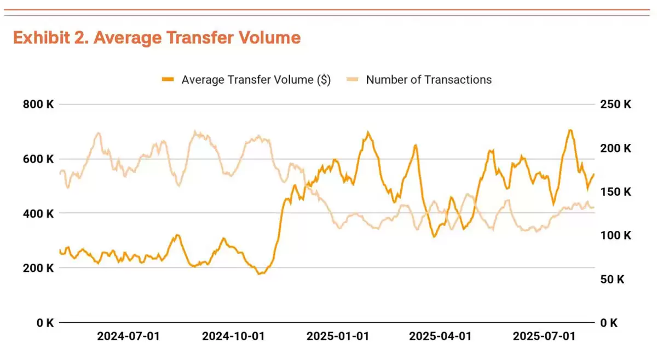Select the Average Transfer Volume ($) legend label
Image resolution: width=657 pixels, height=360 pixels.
(x=256, y=80)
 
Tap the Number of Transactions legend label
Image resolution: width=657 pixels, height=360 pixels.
(x=429, y=80)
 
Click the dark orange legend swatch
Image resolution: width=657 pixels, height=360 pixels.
(x=168, y=80)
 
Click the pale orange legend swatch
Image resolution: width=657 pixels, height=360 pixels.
(x=353, y=80)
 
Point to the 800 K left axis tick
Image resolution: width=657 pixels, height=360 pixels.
(x=38, y=104)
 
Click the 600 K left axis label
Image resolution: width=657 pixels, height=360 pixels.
(x=38, y=159)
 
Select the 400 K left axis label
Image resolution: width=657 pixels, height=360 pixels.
(x=38, y=213)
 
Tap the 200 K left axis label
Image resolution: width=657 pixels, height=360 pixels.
(x=38, y=268)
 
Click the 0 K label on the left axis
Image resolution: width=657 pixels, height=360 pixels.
(x=44, y=323)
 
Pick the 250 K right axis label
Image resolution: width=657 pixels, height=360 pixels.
(x=616, y=104)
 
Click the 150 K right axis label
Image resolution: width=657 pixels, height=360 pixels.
(x=616, y=192)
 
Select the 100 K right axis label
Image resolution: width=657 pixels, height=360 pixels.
(x=616, y=236)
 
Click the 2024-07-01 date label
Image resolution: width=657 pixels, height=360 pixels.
(x=128, y=336)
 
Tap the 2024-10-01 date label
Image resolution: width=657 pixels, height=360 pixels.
(x=233, y=336)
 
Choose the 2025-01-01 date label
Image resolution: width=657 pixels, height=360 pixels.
(x=337, y=336)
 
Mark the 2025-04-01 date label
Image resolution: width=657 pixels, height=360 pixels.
(x=440, y=336)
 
